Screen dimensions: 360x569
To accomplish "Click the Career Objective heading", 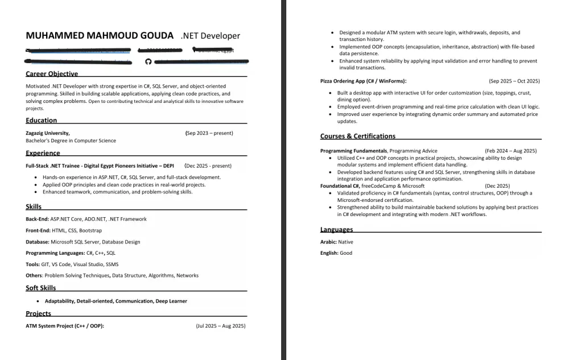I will pyautogui.click(x=52, y=74).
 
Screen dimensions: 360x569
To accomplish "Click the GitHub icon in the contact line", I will pyautogui.click(x=149, y=61).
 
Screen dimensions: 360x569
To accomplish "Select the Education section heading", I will pyautogui.click(x=41, y=121).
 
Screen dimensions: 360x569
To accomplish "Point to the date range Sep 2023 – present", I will pyautogui.click(x=209, y=133).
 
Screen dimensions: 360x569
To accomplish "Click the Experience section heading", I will pyautogui.click(x=43, y=153).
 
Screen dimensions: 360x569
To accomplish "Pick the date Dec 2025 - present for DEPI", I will pyautogui.click(x=208, y=166).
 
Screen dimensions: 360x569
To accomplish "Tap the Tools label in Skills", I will pyautogui.click(x=32, y=264).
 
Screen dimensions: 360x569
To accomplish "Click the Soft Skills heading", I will pyautogui.click(x=41, y=288).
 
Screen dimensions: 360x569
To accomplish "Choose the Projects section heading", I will pyautogui.click(x=38, y=313).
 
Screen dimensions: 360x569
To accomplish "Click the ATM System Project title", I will pyautogui.click(x=65, y=326).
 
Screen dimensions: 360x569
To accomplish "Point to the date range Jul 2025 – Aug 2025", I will pyautogui.click(x=220, y=326).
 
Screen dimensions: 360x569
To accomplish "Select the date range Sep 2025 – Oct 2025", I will pyautogui.click(x=514, y=81).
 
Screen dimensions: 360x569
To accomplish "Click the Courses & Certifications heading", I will pyautogui.click(x=357, y=136).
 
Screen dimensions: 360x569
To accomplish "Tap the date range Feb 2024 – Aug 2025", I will pyautogui.click(x=510, y=151).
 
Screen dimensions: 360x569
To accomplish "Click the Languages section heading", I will pyautogui.click(x=336, y=230).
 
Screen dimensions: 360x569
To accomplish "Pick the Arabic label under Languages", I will pyautogui.click(x=328, y=242).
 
